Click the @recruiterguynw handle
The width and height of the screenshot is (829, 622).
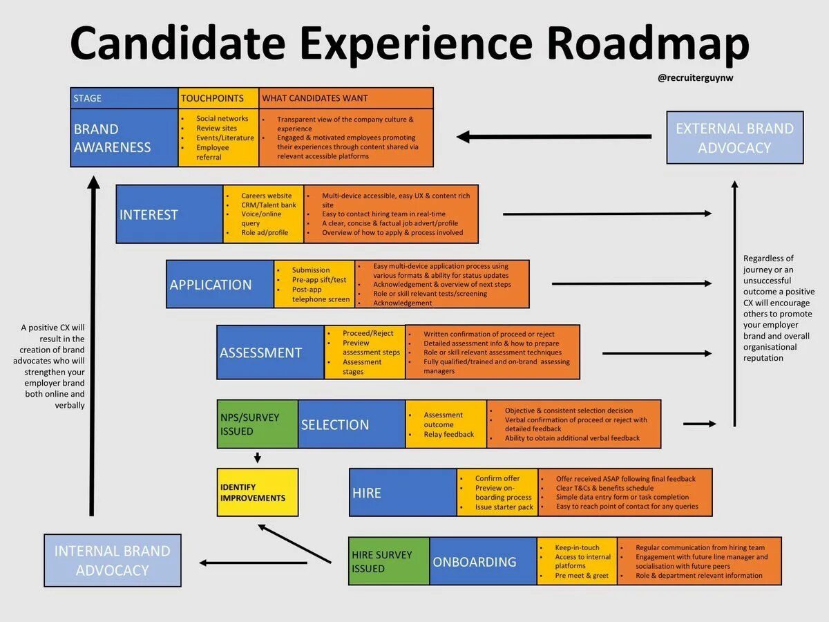696,78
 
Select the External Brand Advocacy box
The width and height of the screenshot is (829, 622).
734,138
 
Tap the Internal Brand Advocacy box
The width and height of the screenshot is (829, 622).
112,560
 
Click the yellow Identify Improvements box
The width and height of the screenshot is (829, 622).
258,492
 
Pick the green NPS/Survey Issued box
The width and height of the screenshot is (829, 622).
258,424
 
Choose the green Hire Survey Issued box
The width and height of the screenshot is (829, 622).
389,561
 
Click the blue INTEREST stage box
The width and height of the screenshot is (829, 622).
169,214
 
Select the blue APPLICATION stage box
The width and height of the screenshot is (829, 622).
220,284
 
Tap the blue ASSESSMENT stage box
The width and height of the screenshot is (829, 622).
270,352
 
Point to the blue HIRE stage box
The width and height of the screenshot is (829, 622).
403,493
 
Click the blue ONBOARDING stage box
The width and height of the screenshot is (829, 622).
483,561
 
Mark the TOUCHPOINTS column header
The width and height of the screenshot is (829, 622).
218,98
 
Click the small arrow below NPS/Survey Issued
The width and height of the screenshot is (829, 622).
257,457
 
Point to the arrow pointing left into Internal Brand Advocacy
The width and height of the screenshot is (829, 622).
253,563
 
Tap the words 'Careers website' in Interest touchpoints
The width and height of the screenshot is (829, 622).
266,196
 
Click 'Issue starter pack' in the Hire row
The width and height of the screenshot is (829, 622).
504,507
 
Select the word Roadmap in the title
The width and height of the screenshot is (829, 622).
647,43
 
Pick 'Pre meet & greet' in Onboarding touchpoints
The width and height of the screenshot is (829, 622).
582,576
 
